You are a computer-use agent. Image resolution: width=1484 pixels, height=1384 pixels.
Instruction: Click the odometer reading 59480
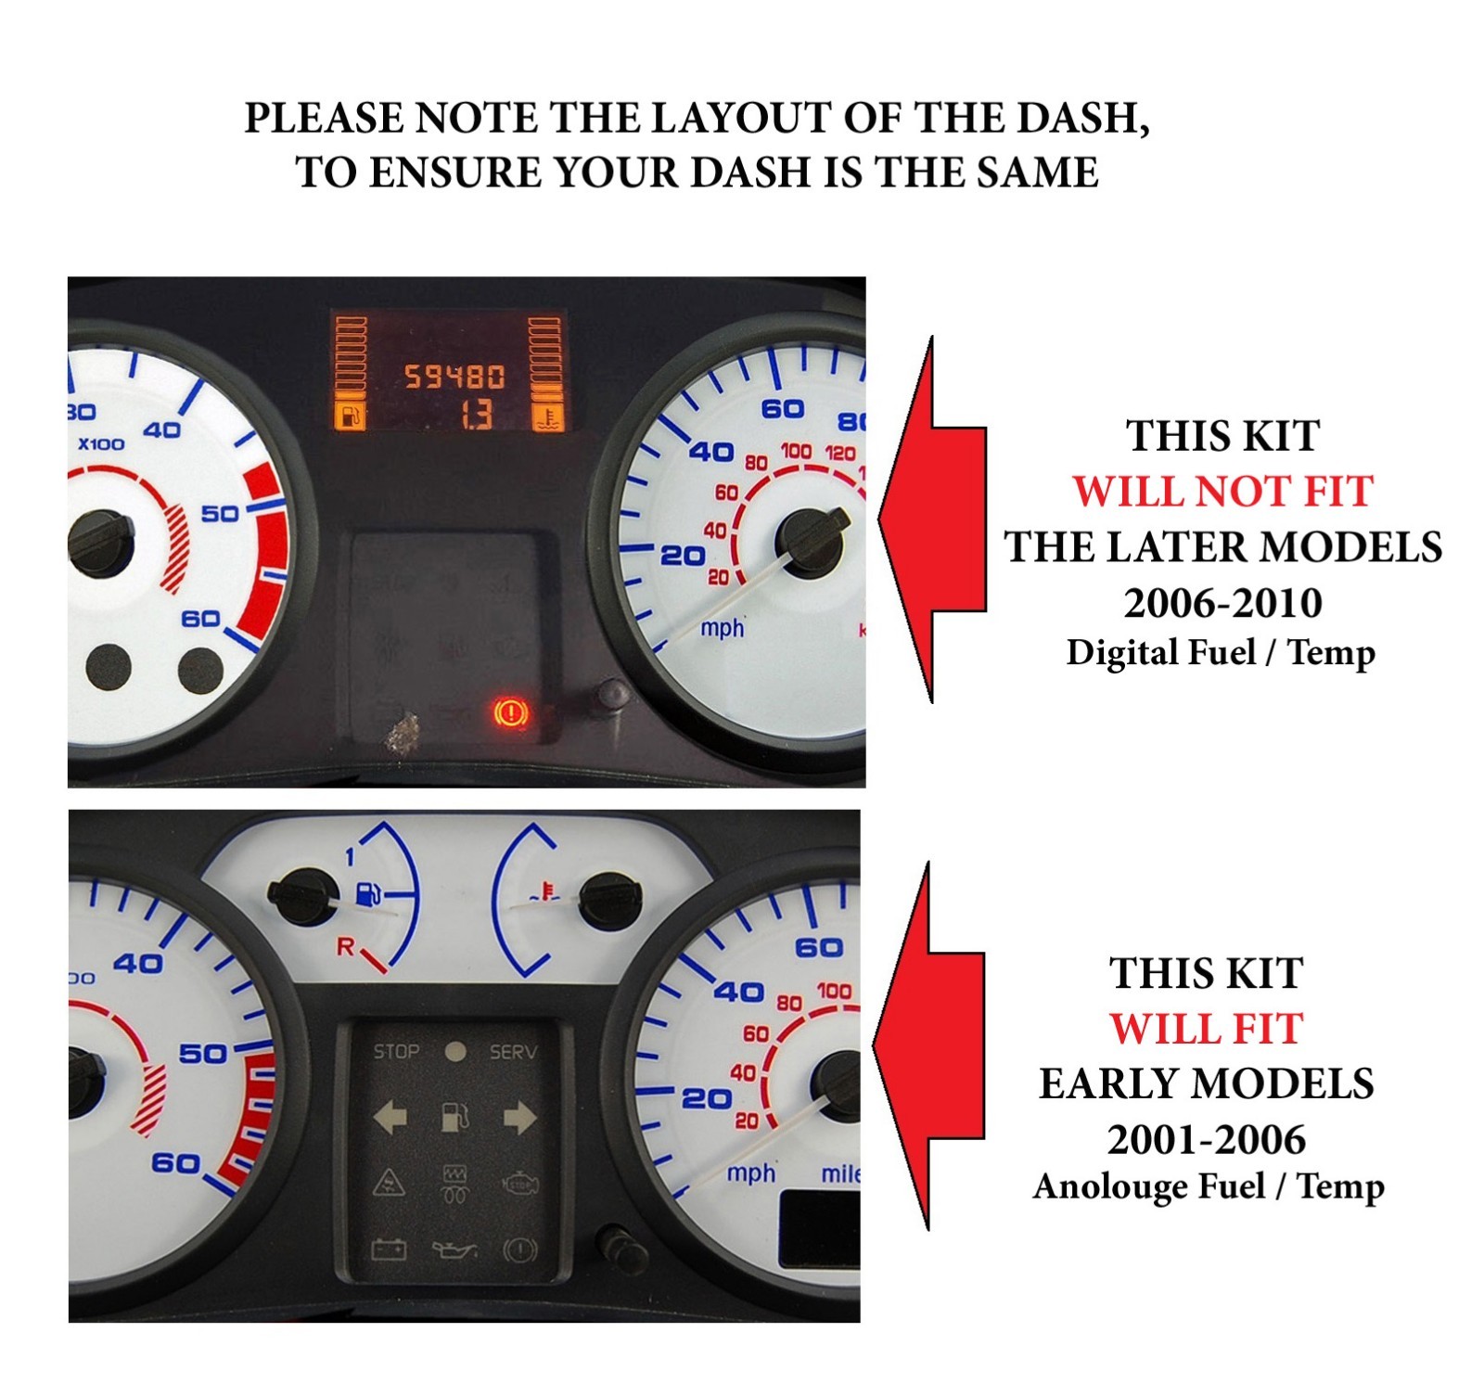click(454, 377)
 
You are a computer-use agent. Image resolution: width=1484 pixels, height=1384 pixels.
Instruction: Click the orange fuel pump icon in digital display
click(350, 416)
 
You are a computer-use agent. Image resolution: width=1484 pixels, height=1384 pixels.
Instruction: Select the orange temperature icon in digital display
click(547, 416)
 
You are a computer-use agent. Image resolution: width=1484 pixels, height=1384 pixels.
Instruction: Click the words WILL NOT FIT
click(1222, 491)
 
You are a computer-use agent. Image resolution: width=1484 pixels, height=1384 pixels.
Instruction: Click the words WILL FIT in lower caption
click(1206, 1029)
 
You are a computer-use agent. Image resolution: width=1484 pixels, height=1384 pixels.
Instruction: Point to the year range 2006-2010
click(1222, 603)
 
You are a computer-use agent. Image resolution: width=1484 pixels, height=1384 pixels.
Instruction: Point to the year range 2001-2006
click(1206, 1139)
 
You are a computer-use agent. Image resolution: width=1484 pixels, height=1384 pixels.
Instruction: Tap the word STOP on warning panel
click(396, 1051)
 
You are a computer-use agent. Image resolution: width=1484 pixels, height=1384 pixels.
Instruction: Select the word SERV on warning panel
click(513, 1051)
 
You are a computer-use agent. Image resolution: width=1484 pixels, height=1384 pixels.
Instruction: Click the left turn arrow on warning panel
click(390, 1117)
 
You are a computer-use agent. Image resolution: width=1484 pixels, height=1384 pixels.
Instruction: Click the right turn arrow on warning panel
click(518, 1117)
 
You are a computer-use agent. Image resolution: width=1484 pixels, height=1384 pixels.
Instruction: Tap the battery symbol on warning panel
click(389, 1249)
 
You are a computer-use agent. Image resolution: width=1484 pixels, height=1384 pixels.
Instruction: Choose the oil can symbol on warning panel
click(454, 1250)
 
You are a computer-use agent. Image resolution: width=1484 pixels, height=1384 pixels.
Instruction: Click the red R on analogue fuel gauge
click(345, 946)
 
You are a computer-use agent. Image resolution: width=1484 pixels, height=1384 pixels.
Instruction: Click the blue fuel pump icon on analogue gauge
click(368, 894)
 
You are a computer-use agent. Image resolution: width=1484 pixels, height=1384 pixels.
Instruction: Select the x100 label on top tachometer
click(100, 443)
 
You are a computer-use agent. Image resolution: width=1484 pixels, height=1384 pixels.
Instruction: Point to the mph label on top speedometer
click(722, 628)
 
